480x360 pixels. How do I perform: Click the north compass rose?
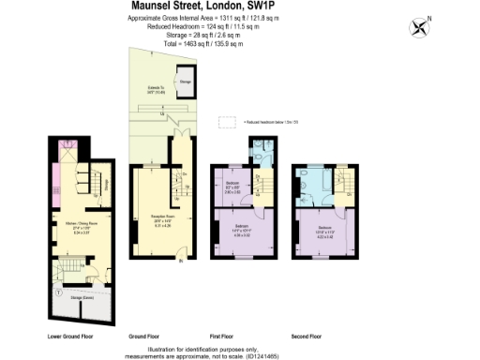click(x=418, y=26)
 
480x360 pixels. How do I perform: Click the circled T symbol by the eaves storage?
click(x=59, y=292)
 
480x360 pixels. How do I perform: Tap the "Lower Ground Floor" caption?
click(x=70, y=335)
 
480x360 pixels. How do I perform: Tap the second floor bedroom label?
click(x=323, y=231)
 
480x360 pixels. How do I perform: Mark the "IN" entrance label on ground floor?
click(x=181, y=262)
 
